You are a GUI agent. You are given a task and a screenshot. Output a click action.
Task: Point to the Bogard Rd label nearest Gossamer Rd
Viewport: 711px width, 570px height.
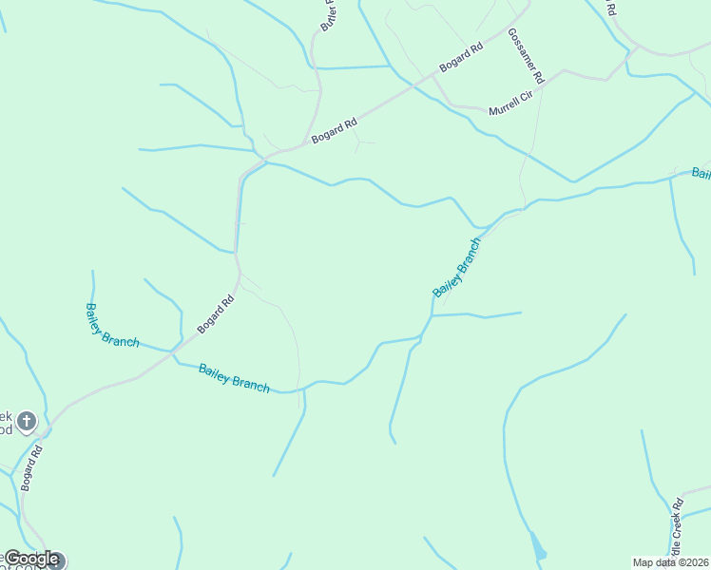pyautogui.click(x=461, y=57)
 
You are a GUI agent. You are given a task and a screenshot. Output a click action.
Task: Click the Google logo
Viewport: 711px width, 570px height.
pyautogui.click(x=31, y=559)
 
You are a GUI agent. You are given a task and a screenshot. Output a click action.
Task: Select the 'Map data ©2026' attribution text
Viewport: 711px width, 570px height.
pyautogui.click(x=671, y=562)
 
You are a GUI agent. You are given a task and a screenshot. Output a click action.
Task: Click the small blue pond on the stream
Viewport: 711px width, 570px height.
pyautogui.click(x=538, y=548)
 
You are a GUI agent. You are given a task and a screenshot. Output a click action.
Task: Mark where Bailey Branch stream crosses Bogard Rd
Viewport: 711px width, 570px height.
pyautogui.click(x=174, y=352)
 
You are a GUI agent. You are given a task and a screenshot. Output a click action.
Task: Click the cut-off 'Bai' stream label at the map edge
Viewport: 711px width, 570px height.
pyautogui.click(x=701, y=173)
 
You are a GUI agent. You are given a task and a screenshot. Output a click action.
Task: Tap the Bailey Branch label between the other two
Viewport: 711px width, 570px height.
pyautogui.click(x=234, y=378)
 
